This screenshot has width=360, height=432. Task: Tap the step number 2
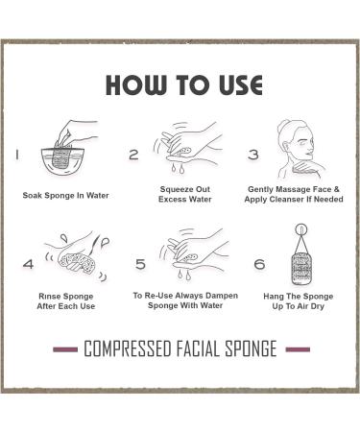(133, 155)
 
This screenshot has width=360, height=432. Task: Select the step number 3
(253, 155)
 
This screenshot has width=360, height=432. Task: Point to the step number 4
(28, 263)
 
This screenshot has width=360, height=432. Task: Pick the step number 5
(140, 264)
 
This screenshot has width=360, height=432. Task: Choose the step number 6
(259, 264)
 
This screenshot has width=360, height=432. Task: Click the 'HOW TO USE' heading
(183, 85)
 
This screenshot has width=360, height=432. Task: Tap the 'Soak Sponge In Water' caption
(65, 196)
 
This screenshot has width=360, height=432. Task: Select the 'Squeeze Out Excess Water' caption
(184, 195)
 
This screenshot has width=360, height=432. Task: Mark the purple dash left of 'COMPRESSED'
(65, 349)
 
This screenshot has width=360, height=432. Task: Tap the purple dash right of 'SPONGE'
(298, 349)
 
